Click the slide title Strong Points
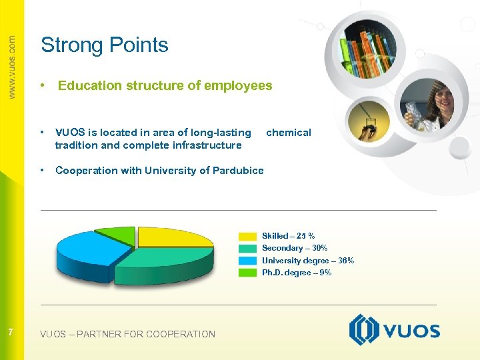105,45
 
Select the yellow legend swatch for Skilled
247,236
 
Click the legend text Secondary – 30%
294,248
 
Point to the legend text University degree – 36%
307,261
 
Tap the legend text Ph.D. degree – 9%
296,273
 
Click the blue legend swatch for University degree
247,261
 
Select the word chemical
289,133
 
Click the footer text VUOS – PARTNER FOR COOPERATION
127,334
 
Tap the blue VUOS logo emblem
364,330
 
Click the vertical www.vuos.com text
11,67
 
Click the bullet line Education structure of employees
165,86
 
